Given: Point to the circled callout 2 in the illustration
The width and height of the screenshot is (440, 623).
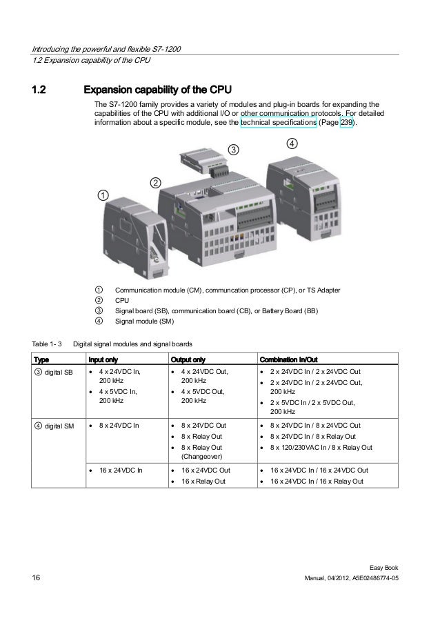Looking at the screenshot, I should [x=156, y=183].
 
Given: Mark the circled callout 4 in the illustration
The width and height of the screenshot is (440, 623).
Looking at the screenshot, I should [x=292, y=144].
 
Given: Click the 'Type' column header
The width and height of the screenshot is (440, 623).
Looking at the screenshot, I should [x=41, y=359].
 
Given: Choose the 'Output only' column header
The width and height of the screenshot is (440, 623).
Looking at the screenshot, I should [x=188, y=359].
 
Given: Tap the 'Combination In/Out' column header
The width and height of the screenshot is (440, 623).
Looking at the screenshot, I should [x=288, y=359].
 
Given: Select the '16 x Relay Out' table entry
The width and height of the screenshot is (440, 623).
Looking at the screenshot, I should [x=203, y=481].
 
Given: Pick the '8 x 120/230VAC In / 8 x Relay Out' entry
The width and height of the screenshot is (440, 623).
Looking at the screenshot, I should [x=321, y=447].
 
